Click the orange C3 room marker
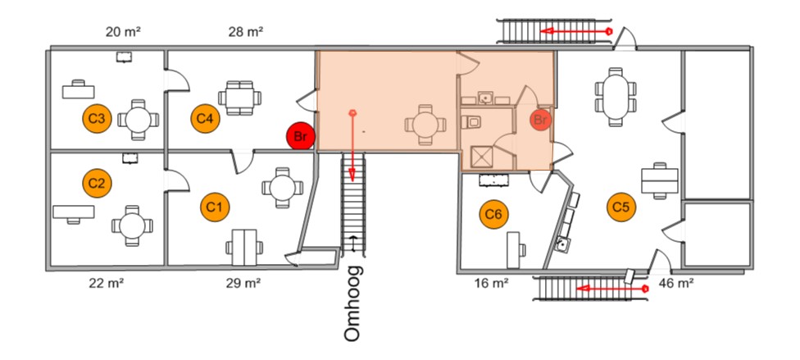(97, 118)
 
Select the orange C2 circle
(97, 182)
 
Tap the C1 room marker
(215, 207)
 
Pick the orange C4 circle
(205, 118)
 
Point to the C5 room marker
(621, 207)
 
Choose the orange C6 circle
(494, 215)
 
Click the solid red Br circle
(301, 136)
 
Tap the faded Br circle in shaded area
(540, 120)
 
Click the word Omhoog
(353, 303)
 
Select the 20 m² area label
(123, 32)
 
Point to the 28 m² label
(245, 32)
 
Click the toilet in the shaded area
(471, 122)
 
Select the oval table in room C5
(616, 97)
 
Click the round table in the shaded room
(425, 125)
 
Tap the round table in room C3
(139, 120)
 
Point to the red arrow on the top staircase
(576, 31)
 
